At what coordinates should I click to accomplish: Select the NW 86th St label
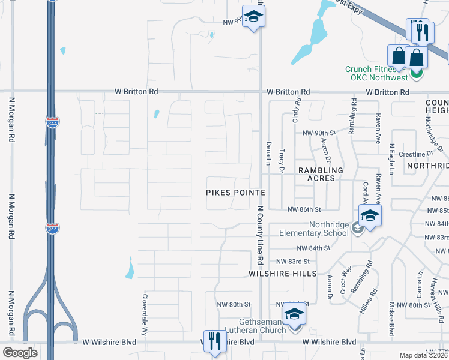point(304,209)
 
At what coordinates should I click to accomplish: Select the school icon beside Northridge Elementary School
point(370,215)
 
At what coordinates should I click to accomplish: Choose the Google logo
point(20,353)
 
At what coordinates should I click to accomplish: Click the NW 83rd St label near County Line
point(292,262)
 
